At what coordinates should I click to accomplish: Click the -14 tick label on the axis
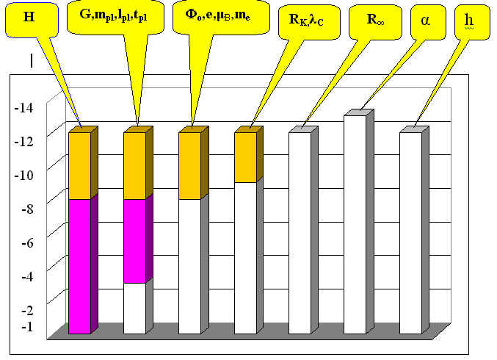pos(24,109)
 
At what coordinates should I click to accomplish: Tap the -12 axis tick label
pos(24,142)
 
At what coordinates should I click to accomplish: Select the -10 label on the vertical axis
pos(24,176)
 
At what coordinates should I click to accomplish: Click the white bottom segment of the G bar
pos(134,308)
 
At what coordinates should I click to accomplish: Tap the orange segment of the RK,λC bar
pos(245,157)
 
